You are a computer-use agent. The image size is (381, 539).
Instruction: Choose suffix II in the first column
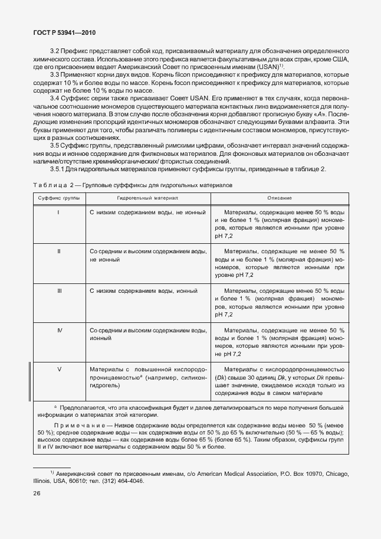[59, 251]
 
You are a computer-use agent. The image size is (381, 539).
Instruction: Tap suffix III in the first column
[59, 291]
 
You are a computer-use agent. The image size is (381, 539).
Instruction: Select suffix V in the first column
[59, 369]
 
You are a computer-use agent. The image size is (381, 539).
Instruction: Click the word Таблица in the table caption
[50, 185]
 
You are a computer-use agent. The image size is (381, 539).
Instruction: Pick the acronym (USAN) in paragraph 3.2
[265, 67]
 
